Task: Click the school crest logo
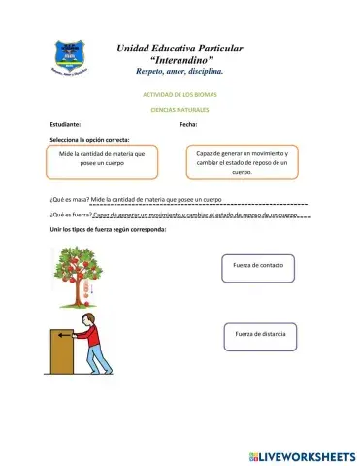tap(68, 57)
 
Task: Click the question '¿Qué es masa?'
tap(69, 199)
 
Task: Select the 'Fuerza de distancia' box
tap(259, 336)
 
